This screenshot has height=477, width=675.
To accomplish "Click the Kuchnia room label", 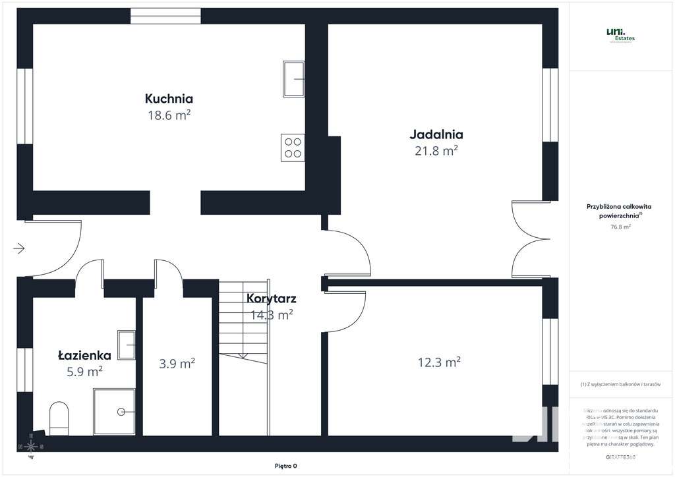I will pyautogui.click(x=169, y=99).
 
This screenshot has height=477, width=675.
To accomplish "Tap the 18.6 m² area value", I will pyautogui.click(x=169, y=115).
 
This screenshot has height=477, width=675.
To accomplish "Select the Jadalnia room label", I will pyautogui.click(x=436, y=134).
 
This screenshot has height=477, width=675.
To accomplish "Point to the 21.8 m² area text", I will pyautogui.click(x=436, y=151).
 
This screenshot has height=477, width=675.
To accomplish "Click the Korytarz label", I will pyautogui.click(x=271, y=298).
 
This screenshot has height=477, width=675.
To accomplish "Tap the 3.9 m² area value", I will pyautogui.click(x=177, y=363).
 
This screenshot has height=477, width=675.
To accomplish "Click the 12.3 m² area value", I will pyautogui.click(x=438, y=362).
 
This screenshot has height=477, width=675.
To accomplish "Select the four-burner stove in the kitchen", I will pyautogui.click(x=293, y=147).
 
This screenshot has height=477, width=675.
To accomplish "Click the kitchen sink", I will pyautogui.click(x=294, y=79).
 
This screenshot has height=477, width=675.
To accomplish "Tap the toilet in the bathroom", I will pyautogui.click(x=59, y=418).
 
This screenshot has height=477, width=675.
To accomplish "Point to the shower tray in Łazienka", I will pyautogui.click(x=115, y=411).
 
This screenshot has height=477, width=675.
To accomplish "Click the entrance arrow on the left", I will pyautogui.click(x=19, y=248).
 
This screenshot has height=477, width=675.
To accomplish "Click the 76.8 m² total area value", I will pyautogui.click(x=620, y=227).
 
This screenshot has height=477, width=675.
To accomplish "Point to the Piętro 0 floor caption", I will pyautogui.click(x=285, y=466).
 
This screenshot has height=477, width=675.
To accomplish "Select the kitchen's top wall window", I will pyautogui.click(x=165, y=16).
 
